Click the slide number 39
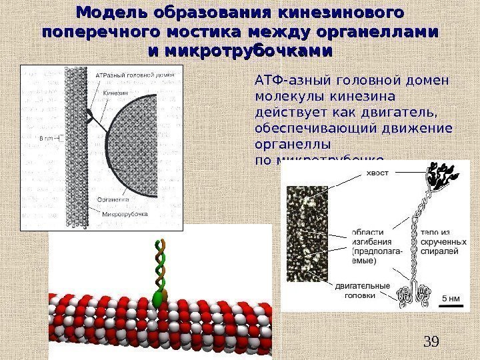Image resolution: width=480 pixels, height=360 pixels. tap(431, 342)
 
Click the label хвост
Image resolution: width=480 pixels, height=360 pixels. tap(378, 173)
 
